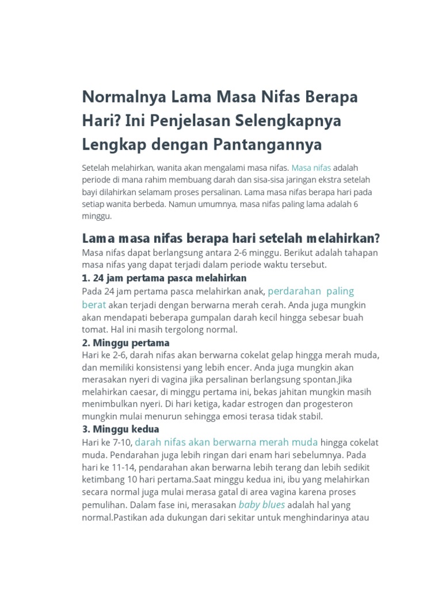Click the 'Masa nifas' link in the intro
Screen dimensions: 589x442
[x=311, y=168]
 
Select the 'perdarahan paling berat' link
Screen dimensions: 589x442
[x=311, y=291]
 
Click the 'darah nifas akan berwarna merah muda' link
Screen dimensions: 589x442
[x=226, y=442]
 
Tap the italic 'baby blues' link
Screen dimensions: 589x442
[x=262, y=505]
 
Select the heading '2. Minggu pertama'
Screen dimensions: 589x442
[x=126, y=343]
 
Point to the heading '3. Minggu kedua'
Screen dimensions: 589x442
[x=121, y=429]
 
